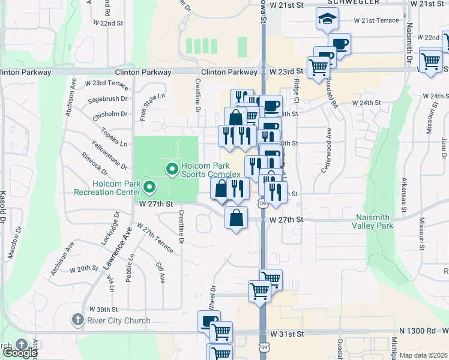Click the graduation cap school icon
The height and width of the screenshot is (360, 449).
[327, 20]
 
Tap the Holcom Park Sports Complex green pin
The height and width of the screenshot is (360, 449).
[172, 170]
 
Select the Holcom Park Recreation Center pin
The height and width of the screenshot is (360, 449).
[149, 189]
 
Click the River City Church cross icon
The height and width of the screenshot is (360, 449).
[77, 320]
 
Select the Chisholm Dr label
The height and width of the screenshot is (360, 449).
[107, 113]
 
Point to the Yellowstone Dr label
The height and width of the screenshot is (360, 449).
[109, 154]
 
